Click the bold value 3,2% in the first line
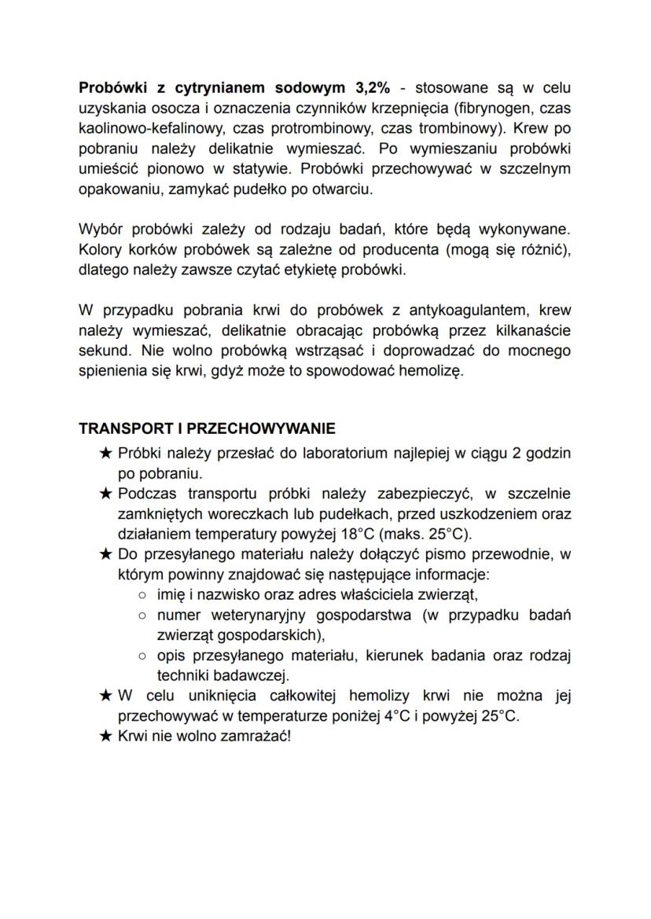pos(367,86)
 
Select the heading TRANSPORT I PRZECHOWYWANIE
pos(207,429)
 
